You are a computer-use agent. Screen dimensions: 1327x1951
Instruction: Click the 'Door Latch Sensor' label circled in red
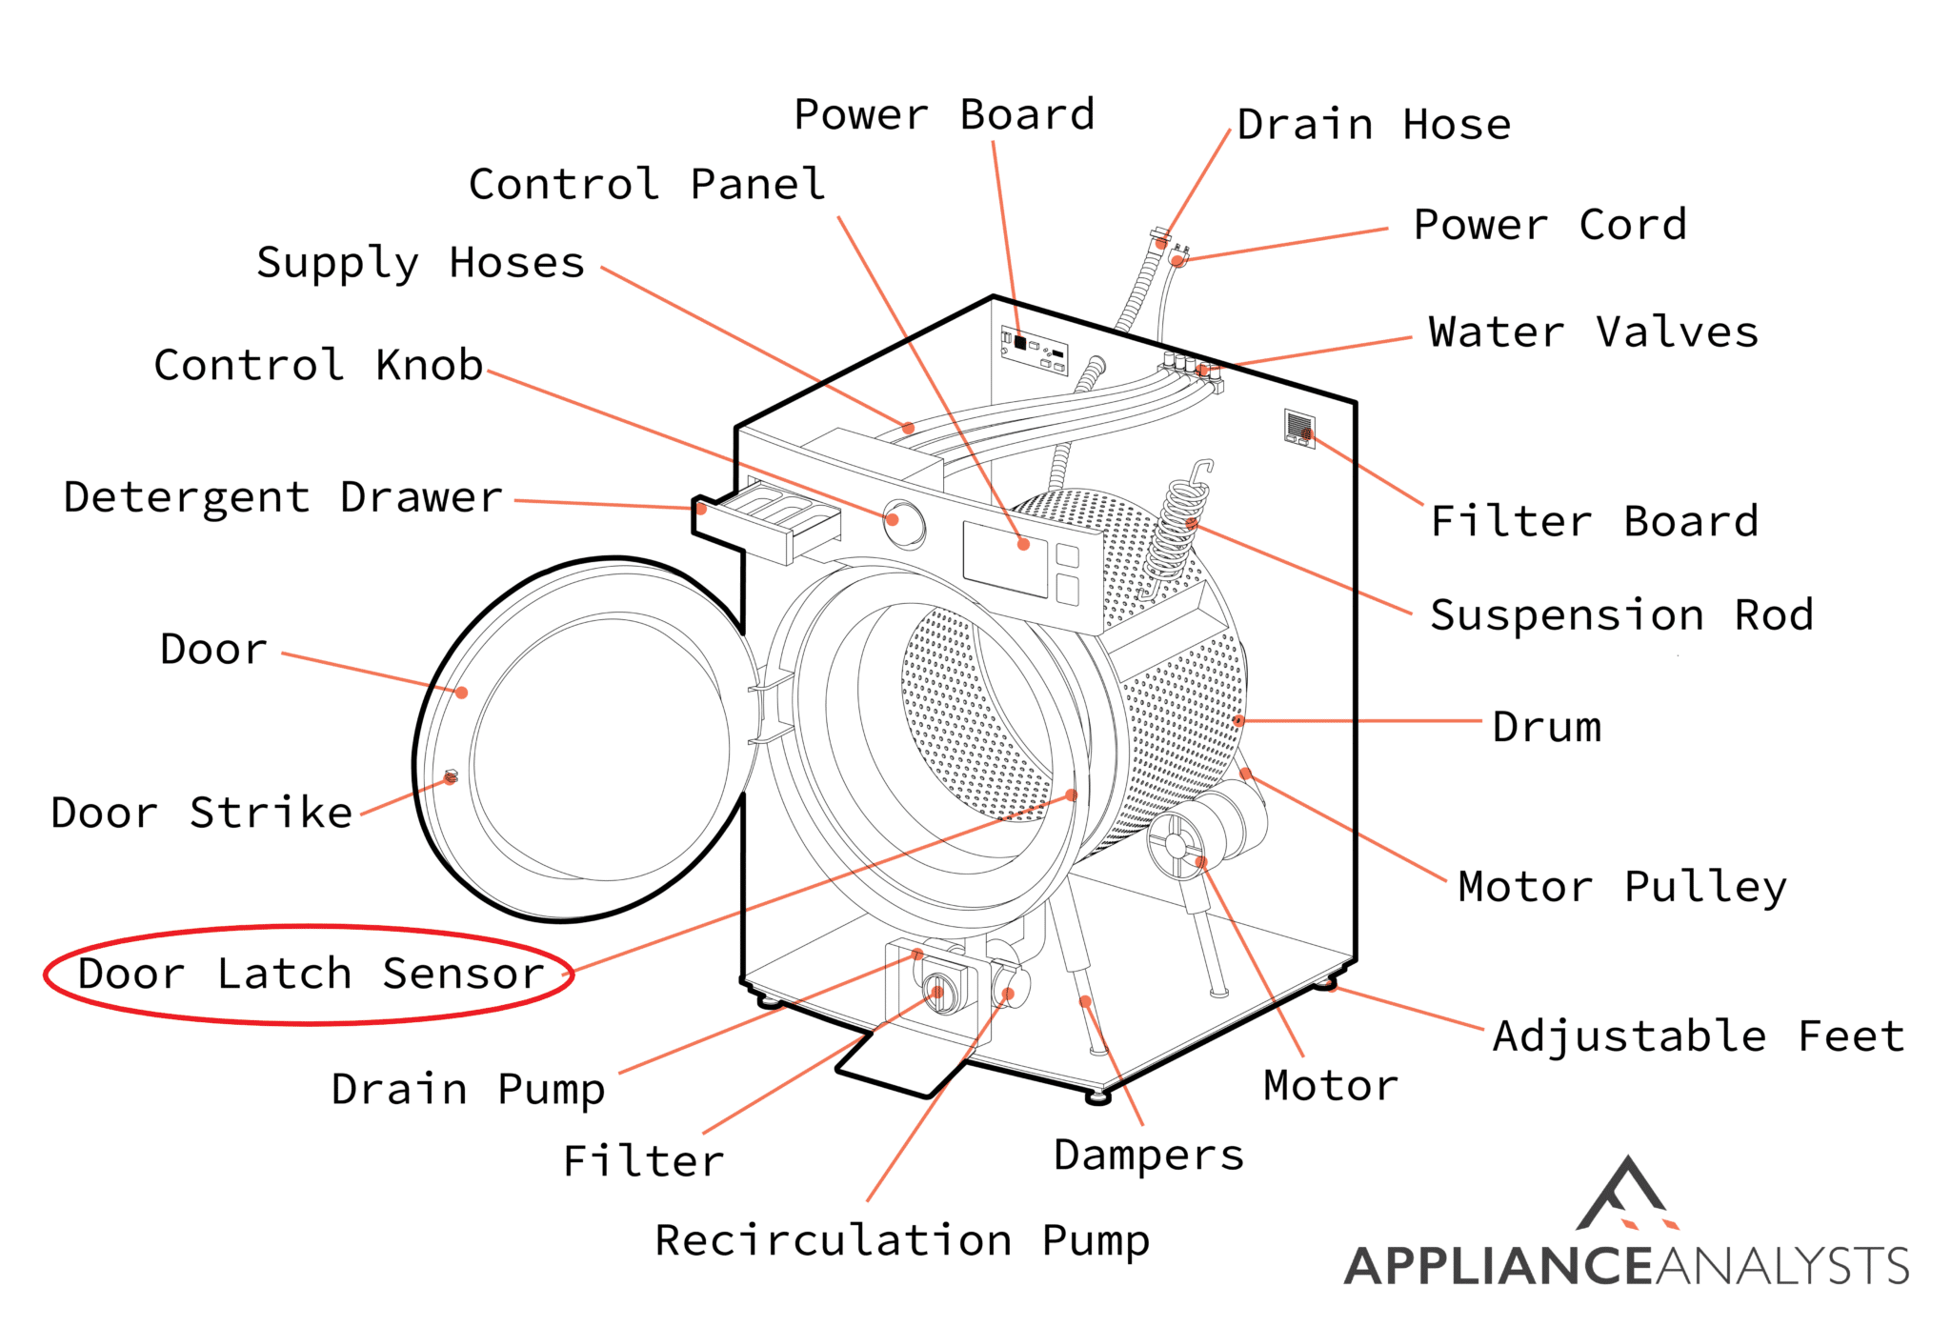point(310,974)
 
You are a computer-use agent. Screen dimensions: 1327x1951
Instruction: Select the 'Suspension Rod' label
point(1621,614)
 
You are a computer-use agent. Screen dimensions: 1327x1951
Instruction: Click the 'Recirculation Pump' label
point(902,1240)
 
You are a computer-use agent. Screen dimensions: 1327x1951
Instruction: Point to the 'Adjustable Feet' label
point(1699,1035)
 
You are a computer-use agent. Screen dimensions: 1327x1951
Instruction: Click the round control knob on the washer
point(902,523)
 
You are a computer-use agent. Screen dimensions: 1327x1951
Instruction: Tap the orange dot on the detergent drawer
point(701,509)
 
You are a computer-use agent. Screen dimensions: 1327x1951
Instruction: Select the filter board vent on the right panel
point(1299,427)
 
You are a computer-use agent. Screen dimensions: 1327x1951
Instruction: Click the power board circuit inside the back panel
point(1034,350)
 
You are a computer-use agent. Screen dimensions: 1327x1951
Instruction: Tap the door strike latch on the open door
point(452,777)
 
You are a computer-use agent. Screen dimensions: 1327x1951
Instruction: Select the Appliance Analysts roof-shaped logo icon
point(1627,1195)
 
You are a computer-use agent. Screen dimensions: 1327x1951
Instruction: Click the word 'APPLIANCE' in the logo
point(1498,1266)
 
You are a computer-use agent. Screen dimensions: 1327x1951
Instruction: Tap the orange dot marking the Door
point(461,693)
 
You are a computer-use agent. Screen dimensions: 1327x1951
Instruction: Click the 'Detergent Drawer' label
point(283,497)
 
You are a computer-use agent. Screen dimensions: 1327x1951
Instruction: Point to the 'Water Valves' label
point(1593,332)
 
